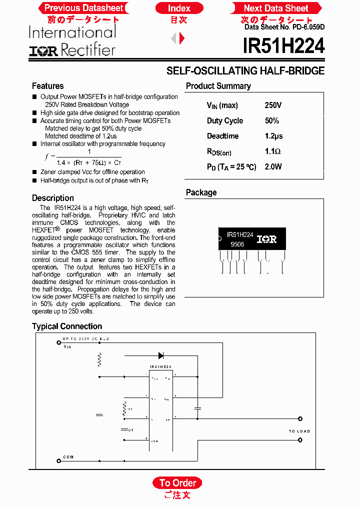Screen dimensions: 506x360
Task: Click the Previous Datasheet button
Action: pos(83,8)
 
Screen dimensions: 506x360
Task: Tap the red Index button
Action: pos(179,8)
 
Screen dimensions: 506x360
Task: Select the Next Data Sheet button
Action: pos(275,8)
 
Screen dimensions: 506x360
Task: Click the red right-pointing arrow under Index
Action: pos(182,38)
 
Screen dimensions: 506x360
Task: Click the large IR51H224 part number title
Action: pos(283,46)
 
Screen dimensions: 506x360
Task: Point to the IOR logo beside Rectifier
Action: pos(43,50)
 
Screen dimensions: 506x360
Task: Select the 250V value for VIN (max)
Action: pos(273,105)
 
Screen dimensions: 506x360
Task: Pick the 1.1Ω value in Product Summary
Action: pos(273,151)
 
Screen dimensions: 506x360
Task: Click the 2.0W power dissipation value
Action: pos(273,167)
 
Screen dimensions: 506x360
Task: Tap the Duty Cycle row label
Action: pos(225,121)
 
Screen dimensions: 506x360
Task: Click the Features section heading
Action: pos(47,86)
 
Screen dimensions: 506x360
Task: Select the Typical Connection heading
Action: pos(67,326)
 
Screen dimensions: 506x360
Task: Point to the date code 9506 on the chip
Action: pos(237,244)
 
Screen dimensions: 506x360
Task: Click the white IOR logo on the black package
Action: pos(266,239)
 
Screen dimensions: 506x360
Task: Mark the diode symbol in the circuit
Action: pos(161,355)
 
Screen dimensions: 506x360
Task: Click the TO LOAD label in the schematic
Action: pos(299,431)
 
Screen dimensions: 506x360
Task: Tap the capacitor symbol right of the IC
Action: pos(197,408)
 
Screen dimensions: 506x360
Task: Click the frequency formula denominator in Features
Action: pos(89,162)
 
